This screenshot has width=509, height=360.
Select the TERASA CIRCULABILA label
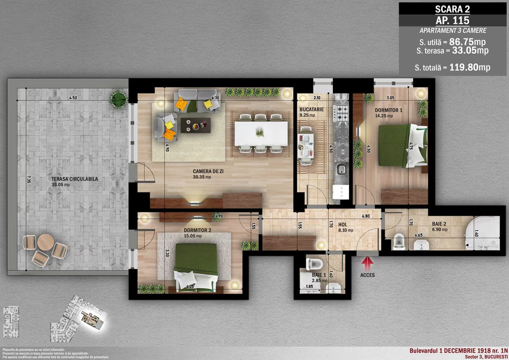75,179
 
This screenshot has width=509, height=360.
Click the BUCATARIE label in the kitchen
311,109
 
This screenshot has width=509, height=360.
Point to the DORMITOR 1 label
389,110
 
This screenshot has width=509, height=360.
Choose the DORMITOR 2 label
194,231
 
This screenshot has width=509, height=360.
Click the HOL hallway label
343,225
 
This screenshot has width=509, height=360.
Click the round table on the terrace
45,242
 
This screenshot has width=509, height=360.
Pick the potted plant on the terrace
119,100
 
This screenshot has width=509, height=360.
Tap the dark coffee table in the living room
195,125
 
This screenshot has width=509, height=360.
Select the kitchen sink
341,170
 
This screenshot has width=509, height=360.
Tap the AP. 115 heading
453,20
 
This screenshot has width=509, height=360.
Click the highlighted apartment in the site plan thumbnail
91,317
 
